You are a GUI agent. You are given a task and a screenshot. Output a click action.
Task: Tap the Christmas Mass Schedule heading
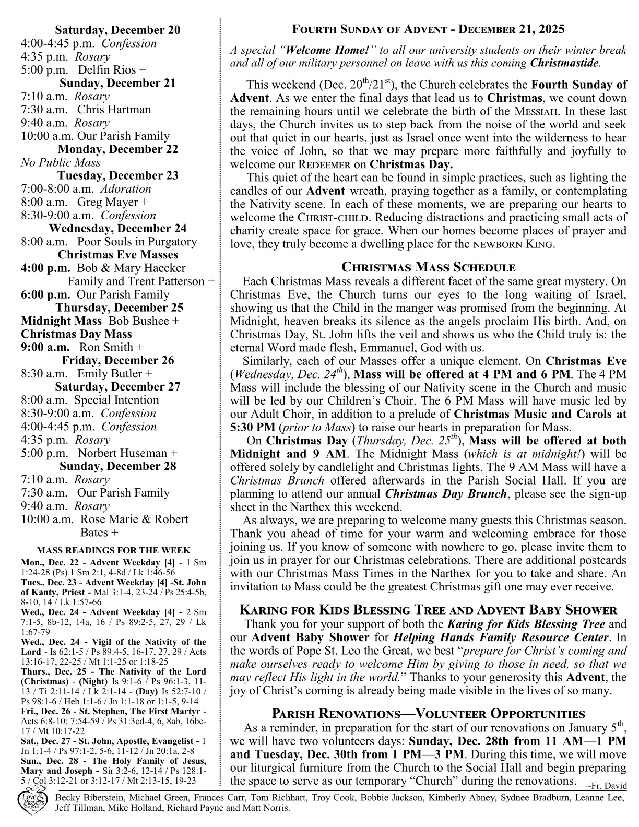(428, 268)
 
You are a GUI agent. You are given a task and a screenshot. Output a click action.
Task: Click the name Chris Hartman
(114, 110)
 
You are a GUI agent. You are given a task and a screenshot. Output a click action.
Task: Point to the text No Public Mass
(61, 162)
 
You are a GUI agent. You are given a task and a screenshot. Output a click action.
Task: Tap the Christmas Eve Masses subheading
(117, 255)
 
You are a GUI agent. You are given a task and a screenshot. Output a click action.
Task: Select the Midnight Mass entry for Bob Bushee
(99, 321)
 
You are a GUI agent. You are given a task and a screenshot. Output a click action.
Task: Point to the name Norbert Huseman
(127, 453)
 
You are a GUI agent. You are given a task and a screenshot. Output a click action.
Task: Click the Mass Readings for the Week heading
(113, 550)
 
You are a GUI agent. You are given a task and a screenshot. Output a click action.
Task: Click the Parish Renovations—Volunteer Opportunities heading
(428, 714)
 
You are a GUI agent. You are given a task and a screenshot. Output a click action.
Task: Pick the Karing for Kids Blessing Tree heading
(428, 610)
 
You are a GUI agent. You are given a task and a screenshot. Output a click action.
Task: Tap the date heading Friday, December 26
(117, 360)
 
